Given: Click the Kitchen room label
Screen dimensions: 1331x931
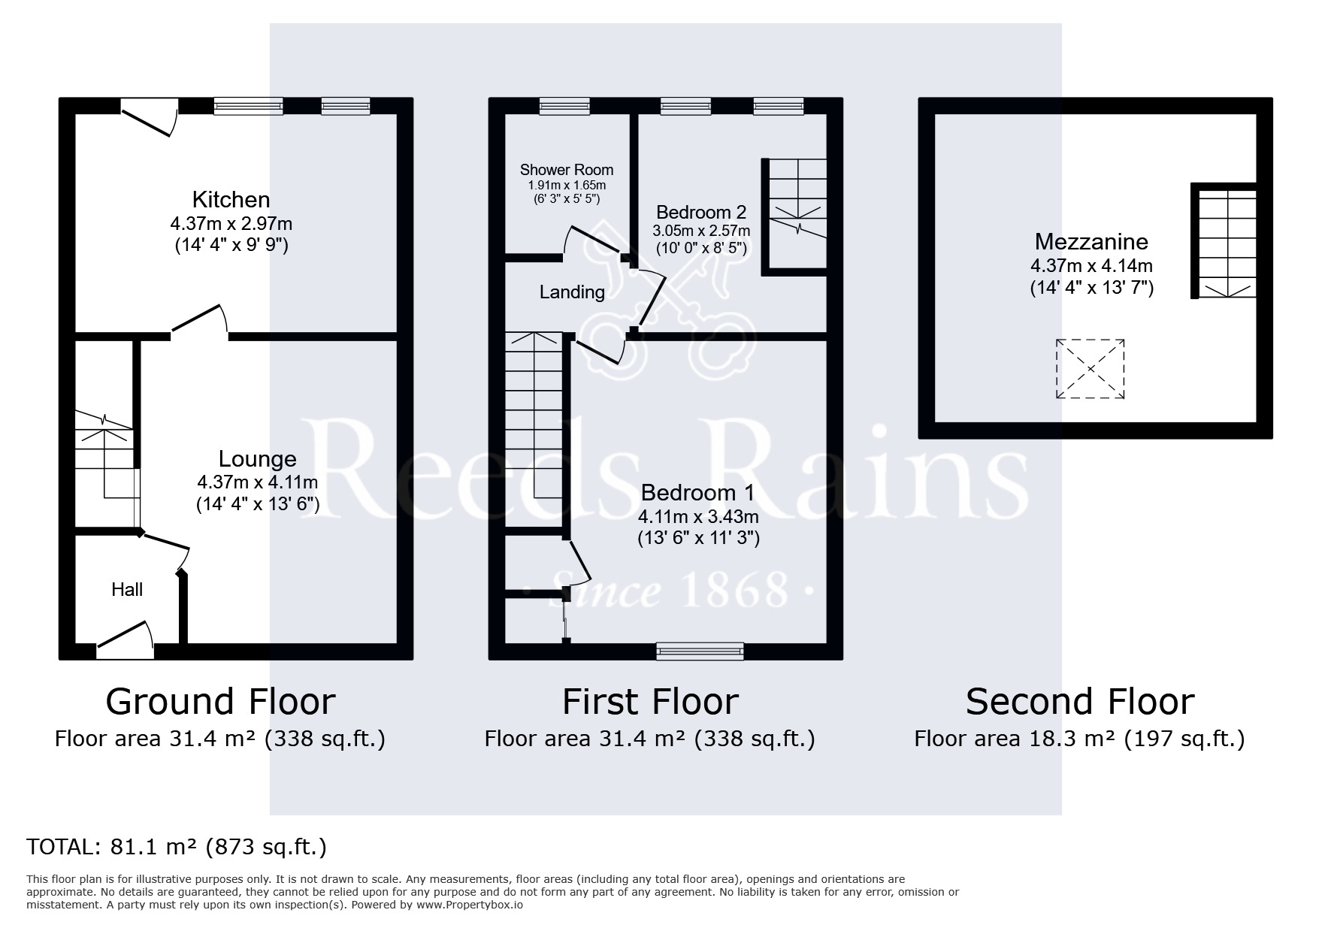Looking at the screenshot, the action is coord(231,200).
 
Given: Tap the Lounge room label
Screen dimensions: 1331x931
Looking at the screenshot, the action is coord(257,459).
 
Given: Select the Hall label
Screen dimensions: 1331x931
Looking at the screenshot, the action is coord(127,590).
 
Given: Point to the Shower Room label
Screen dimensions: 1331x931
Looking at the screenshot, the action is coord(567,170).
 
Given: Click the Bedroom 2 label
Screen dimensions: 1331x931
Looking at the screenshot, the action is coord(701,212).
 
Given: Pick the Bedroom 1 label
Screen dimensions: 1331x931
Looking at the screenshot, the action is coord(697,493).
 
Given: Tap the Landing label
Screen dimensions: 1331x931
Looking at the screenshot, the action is coord(572,292).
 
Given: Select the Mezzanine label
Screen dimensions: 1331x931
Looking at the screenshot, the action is coord(1091,241).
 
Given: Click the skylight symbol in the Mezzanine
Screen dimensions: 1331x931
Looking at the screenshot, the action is coord(1091,369).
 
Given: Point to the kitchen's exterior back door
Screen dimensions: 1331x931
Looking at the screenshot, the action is coord(149,118).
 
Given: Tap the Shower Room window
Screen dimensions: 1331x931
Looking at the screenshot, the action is coord(564,107).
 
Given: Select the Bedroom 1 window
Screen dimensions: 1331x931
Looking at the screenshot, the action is coord(700,651).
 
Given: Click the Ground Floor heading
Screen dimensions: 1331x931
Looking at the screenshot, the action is coord(220,702).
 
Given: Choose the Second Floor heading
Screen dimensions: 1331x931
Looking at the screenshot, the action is coord(1080,702).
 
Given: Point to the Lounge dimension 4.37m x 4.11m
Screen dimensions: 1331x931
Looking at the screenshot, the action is coord(257,482).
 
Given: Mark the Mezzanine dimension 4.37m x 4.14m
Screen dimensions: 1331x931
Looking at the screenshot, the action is coord(1091,265).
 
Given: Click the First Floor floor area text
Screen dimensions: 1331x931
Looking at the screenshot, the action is coord(649,739).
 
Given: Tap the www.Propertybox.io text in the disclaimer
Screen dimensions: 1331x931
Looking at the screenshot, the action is coord(469,905).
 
